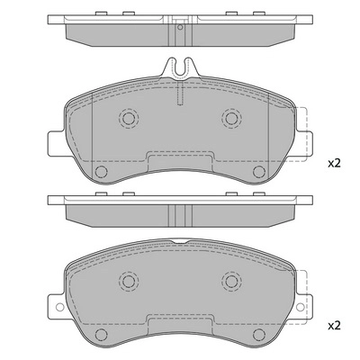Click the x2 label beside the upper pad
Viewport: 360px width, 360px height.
[x=334, y=163]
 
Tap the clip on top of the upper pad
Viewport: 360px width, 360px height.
[x=180, y=67]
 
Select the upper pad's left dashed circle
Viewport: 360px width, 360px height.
[x=127, y=118]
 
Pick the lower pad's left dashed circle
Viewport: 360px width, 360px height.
[x=127, y=282]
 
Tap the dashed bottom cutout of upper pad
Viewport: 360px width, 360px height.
[x=180, y=156]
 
